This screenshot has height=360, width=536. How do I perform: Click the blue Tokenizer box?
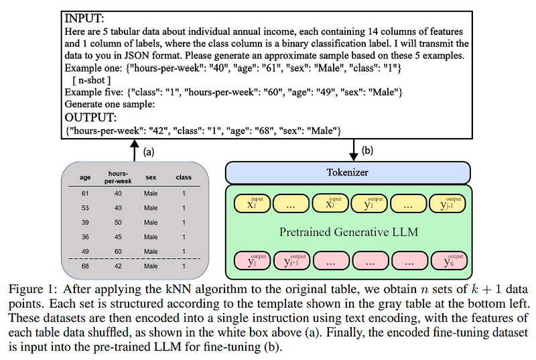[x=348, y=172]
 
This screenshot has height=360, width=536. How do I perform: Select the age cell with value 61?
[x=85, y=193]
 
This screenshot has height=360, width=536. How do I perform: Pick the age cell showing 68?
[x=85, y=266]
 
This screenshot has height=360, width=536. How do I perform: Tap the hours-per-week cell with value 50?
[x=118, y=222]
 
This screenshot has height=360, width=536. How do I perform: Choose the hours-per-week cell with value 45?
[x=118, y=237]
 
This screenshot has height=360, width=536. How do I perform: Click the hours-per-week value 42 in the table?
[x=118, y=266]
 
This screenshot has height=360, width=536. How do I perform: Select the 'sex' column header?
[x=150, y=178]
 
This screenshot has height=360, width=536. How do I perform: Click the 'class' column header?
[x=183, y=178]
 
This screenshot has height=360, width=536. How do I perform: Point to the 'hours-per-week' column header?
[x=118, y=177]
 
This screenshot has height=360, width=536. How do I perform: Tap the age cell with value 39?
[x=85, y=222]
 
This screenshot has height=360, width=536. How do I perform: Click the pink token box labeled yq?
[x=449, y=261]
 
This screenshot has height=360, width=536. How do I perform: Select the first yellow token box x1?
[x=249, y=204]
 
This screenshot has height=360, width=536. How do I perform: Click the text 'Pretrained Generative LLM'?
[x=348, y=232]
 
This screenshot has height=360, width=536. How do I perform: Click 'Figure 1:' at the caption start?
[x=31, y=289]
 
